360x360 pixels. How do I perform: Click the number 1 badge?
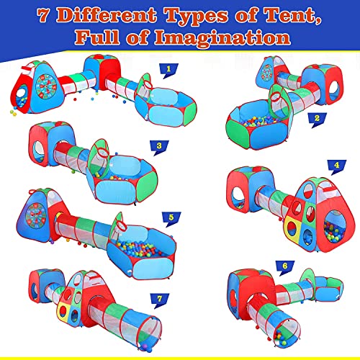click(168, 71)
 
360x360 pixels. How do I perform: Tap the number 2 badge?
click(317, 120)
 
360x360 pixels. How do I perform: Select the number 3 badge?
click(159, 147)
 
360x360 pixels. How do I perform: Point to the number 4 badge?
click(337, 166)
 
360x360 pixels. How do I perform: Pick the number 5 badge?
click(171, 219)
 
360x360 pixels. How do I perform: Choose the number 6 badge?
click(285, 267)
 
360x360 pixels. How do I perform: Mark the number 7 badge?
click(160, 300)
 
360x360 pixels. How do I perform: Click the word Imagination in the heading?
click(222, 38)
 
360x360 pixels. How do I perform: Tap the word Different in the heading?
click(107, 15)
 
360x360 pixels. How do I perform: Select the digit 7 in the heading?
click(44, 16)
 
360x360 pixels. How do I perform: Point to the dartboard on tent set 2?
click(267, 72)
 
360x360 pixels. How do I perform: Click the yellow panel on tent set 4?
click(292, 227)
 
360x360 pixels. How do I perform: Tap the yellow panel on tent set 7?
click(63, 310)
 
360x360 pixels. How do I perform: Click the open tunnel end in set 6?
click(287, 333)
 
